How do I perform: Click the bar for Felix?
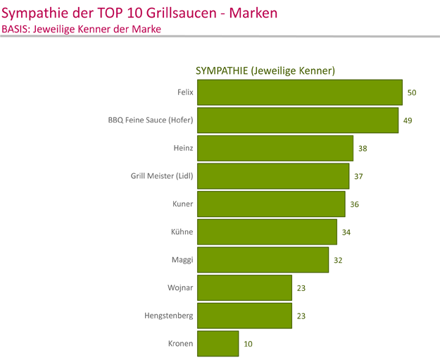[300, 92]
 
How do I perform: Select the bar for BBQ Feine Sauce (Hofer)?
[298, 120]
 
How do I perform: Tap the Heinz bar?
[275, 148]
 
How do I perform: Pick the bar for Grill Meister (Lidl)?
[273, 176]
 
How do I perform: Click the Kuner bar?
[271, 204]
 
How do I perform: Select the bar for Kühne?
[267, 232]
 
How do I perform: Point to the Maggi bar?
[263, 260]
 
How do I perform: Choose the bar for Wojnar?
[244, 288]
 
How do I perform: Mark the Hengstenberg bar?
[244, 316]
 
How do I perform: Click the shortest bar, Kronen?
[218, 344]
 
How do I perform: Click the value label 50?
[412, 92]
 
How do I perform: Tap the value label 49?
[408, 120]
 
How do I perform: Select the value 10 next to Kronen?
[248, 344]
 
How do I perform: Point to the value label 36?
[354, 204]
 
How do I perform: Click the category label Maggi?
[182, 260]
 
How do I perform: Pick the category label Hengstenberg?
[168, 316]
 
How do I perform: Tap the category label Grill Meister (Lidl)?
[162, 176]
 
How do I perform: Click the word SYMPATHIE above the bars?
[221, 70]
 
